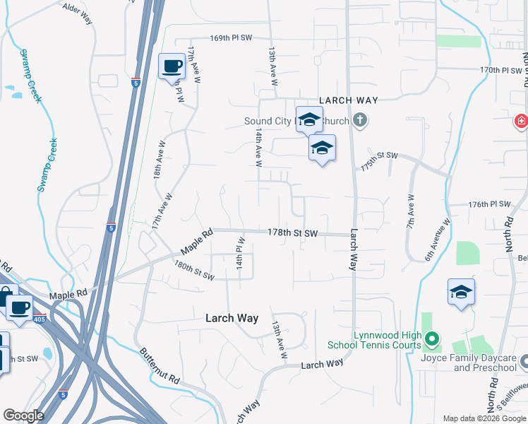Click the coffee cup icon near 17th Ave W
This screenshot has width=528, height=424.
(171, 67)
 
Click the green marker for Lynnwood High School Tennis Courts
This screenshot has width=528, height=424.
(433, 341)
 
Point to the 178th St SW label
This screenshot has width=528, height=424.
(292, 233)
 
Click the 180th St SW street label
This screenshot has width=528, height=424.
(194, 271)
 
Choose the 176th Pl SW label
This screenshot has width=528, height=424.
(488, 204)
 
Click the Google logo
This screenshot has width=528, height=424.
(24, 416)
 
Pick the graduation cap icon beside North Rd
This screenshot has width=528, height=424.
(461, 291)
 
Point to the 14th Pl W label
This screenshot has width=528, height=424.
(240, 253)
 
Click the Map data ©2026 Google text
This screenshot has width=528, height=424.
(483, 418)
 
